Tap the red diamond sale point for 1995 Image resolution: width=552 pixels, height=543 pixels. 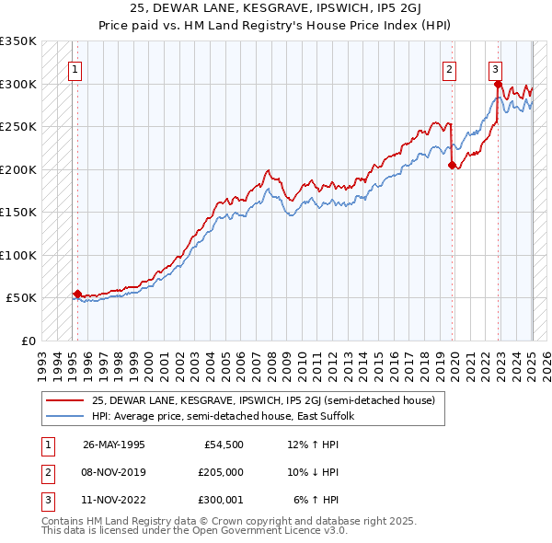[77, 294]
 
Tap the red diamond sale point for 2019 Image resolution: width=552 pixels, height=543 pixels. [452, 166]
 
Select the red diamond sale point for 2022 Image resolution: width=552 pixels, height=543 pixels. [498, 85]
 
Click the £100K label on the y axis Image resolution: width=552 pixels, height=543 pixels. [18, 255]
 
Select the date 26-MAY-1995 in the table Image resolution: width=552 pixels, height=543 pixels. [114, 445]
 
